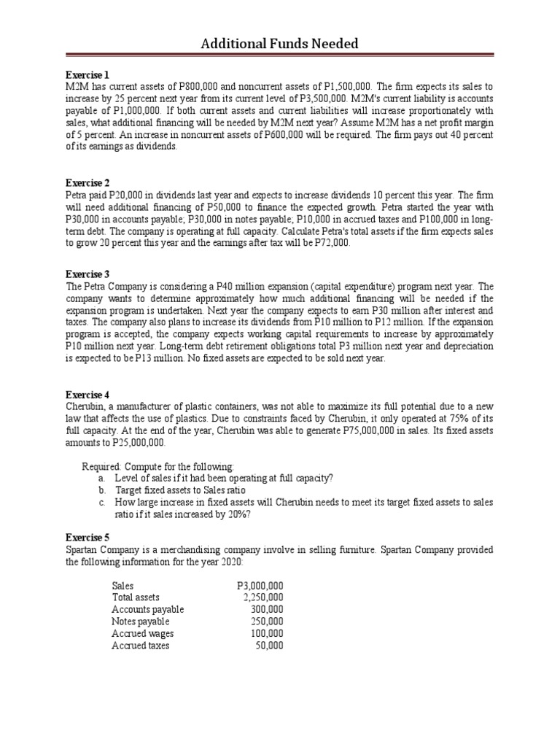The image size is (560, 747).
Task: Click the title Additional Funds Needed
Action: pyautogui.click(x=280, y=44)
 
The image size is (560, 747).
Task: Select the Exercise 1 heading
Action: pyautogui.click(x=87, y=75)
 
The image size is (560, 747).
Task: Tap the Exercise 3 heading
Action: pyautogui.click(x=87, y=274)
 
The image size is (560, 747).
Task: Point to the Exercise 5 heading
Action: pyautogui.click(x=87, y=538)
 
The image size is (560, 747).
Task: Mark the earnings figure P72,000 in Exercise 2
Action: pyautogui.click(x=328, y=244)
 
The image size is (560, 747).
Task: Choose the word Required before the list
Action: pyautogui.click(x=101, y=466)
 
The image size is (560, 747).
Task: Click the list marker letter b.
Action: pyautogui.click(x=101, y=490)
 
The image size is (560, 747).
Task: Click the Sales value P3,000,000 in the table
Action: pyautogui.click(x=260, y=586)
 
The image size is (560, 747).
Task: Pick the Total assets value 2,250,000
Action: pyautogui.click(x=262, y=597)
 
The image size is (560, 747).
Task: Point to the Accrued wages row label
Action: pyautogui.click(x=142, y=633)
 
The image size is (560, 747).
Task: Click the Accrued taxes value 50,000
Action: pyautogui.click(x=269, y=646)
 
